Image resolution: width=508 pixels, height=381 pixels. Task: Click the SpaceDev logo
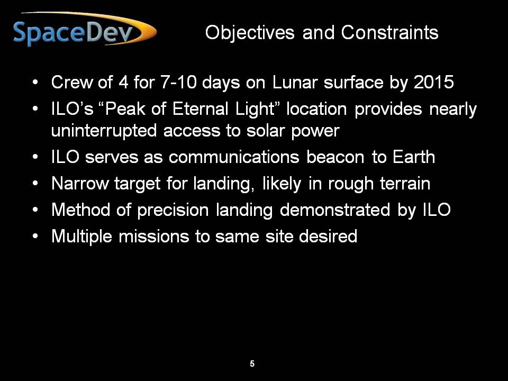click(x=85, y=30)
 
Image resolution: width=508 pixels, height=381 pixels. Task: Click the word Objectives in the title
click(x=250, y=33)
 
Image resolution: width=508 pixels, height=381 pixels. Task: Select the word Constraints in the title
click(x=390, y=32)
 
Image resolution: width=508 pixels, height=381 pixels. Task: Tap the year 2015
click(x=434, y=82)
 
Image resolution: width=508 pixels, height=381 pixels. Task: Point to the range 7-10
click(x=178, y=82)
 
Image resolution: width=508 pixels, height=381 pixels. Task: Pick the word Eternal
click(x=201, y=108)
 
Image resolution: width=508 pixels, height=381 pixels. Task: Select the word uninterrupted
click(x=104, y=131)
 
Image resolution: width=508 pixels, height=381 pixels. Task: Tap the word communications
click(x=234, y=157)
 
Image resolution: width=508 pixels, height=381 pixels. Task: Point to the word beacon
click(x=335, y=157)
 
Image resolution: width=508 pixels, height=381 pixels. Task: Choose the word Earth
click(x=414, y=157)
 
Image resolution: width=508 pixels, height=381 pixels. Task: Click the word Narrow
click(x=80, y=184)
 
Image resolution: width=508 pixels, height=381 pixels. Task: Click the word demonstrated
click(x=335, y=210)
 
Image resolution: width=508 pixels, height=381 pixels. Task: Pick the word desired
click(x=328, y=236)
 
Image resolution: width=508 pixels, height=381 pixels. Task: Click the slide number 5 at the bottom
click(x=252, y=364)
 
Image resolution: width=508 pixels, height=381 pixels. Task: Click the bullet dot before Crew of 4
click(x=35, y=83)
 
